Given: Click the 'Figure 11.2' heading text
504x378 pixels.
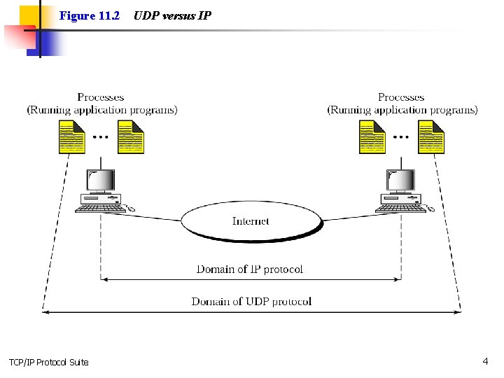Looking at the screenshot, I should tap(90, 15).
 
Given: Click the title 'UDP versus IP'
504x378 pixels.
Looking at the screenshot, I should tap(172, 15).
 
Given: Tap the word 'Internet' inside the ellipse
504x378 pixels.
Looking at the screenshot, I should tap(251, 221).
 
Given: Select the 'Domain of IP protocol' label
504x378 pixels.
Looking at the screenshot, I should tap(250, 269).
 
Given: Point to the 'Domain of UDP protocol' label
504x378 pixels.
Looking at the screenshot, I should tap(251, 301).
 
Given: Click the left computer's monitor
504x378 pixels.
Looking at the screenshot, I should tap(101, 181).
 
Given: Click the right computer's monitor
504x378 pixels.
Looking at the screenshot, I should tap(401, 181).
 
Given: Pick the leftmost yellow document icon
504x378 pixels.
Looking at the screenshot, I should tap(71, 137).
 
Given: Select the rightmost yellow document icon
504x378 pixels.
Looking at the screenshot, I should tap(431, 137).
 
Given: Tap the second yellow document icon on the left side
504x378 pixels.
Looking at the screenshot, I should tap(130, 137).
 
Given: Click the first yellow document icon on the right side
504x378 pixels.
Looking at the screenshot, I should tap(372, 137).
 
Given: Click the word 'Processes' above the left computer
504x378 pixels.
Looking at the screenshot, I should tap(101, 97).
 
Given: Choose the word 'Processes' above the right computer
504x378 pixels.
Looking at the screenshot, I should tap(401, 97).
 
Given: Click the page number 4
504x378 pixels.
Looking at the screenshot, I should tap(485, 361).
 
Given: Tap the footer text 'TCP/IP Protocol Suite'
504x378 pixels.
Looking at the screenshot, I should tap(49, 362).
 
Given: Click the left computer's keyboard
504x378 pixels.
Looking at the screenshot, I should tap(101, 207).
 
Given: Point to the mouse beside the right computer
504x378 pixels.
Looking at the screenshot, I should tap(430, 209).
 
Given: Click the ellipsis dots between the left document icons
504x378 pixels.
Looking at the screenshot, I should tap(101, 137).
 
